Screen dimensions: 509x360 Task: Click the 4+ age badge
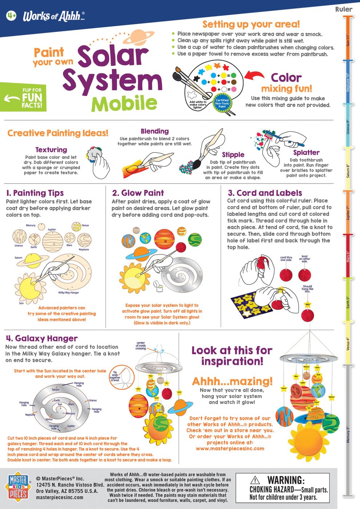pyautogui.click(x=11, y=15)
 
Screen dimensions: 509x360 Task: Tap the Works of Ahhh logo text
pyautogui.click(x=54, y=16)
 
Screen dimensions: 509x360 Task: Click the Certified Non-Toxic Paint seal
pyautogui.click(x=222, y=103)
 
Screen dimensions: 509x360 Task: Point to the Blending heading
pyautogui.click(x=155, y=131)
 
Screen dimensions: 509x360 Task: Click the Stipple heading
pyautogui.click(x=233, y=155)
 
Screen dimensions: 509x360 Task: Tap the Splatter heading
pyautogui.click(x=306, y=153)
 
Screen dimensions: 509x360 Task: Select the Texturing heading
pyautogui.click(x=51, y=149)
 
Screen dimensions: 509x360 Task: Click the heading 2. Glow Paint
pyautogui.click(x=138, y=193)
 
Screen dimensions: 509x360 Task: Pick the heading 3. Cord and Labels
pyautogui.click(x=265, y=193)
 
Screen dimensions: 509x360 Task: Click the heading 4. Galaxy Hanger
pyautogui.click(x=42, y=338)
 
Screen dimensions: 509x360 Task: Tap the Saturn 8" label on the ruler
pyautogui.click(x=348, y=171)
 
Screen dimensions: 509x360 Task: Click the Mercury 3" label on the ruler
pyautogui.click(x=348, y=434)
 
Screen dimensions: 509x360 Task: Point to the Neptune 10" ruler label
pyautogui.click(x=348, y=82)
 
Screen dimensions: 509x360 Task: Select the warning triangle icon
pyautogui.click(x=255, y=480)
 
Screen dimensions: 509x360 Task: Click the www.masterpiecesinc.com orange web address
pyautogui.click(x=230, y=449)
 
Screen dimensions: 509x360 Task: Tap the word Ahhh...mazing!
pyautogui.click(x=232, y=381)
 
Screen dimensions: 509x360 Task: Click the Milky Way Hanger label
pyautogui.click(x=69, y=293)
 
